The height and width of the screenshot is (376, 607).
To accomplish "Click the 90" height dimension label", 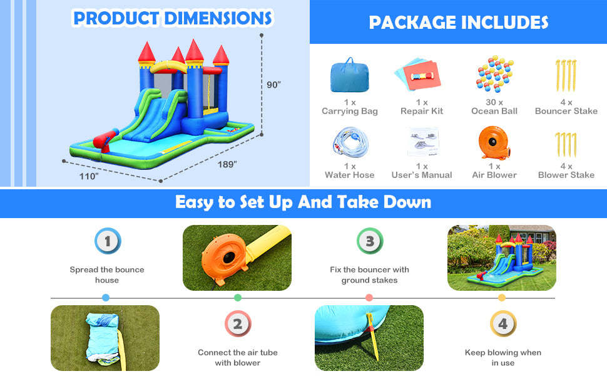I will [x=273, y=84].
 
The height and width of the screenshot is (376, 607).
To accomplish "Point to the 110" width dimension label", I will [x=88, y=176].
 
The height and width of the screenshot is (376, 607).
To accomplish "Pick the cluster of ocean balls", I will [x=494, y=74].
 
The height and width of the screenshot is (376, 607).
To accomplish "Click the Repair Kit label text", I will [x=422, y=111].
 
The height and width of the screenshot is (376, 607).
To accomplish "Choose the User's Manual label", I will [x=422, y=175].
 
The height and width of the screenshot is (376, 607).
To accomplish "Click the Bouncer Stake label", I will [x=566, y=111].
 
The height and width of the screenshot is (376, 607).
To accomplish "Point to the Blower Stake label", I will [x=566, y=175].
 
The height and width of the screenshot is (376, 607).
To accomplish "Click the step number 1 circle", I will [x=108, y=241].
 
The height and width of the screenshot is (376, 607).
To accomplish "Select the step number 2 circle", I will [x=238, y=324].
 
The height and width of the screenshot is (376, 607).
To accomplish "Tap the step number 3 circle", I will [x=369, y=241].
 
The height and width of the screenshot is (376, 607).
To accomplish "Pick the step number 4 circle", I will [x=503, y=324].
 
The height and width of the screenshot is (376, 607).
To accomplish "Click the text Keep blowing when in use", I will [x=502, y=357].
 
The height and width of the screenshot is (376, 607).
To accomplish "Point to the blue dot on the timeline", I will [x=106, y=298].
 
